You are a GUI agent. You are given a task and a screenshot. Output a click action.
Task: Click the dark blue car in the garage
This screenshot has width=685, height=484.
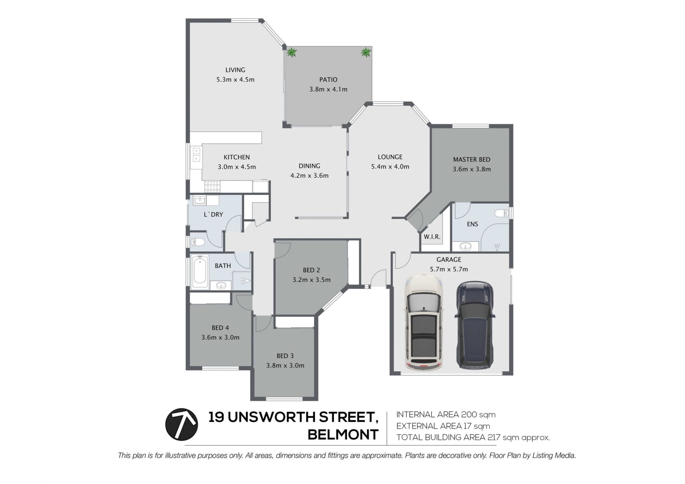point(475,325)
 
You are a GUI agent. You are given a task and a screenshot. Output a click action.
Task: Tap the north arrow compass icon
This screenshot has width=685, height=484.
point(182,424)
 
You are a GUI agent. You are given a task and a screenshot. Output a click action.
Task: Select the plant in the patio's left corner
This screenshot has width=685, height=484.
point(292,53)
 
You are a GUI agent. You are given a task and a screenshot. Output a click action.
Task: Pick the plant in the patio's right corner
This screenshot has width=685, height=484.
point(366,53)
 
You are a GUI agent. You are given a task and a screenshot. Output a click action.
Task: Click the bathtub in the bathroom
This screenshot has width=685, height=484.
point(200,273)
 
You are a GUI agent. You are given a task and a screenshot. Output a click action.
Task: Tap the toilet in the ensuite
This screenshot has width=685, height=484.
point(502,213)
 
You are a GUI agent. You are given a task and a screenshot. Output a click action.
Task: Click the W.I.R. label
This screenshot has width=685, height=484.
point(432,237)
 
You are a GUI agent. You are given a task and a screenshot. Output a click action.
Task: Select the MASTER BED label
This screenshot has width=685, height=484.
point(472,159)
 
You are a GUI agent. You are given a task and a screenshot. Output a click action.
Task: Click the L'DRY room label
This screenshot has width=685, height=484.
point(213,214)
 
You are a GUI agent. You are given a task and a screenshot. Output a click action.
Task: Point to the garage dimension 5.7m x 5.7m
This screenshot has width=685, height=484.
point(449,269)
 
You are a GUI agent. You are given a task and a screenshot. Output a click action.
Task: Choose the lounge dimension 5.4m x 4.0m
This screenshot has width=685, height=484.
point(390,166)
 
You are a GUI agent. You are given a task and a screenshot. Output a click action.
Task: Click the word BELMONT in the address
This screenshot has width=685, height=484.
point(343,435)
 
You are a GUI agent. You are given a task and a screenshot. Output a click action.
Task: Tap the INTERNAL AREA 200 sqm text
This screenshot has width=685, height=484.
point(446,415)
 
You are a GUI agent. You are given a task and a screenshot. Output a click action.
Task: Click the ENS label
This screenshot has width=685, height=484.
point(472,224)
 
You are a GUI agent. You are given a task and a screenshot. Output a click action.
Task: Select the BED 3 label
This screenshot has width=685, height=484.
point(285,356)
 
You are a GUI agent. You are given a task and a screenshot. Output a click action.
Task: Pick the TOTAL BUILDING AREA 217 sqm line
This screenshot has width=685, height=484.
point(473,437)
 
